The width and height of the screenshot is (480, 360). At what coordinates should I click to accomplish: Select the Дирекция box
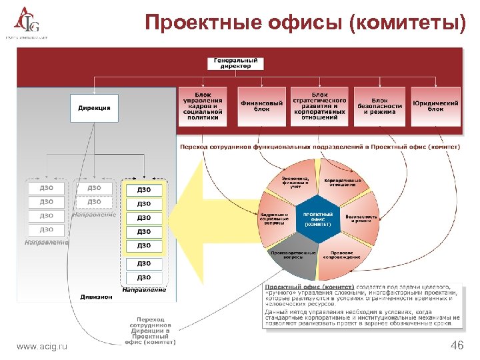(x=94, y=107)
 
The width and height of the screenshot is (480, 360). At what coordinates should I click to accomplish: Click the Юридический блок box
(x=435, y=106)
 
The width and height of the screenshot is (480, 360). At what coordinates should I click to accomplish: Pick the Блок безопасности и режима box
(x=379, y=106)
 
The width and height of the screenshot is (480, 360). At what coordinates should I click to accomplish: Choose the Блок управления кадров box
(x=203, y=106)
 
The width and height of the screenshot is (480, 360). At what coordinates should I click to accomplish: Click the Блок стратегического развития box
(x=319, y=106)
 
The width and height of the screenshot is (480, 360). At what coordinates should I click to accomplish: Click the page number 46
(x=457, y=345)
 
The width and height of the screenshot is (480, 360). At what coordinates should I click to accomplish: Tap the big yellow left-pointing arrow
(x=213, y=220)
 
